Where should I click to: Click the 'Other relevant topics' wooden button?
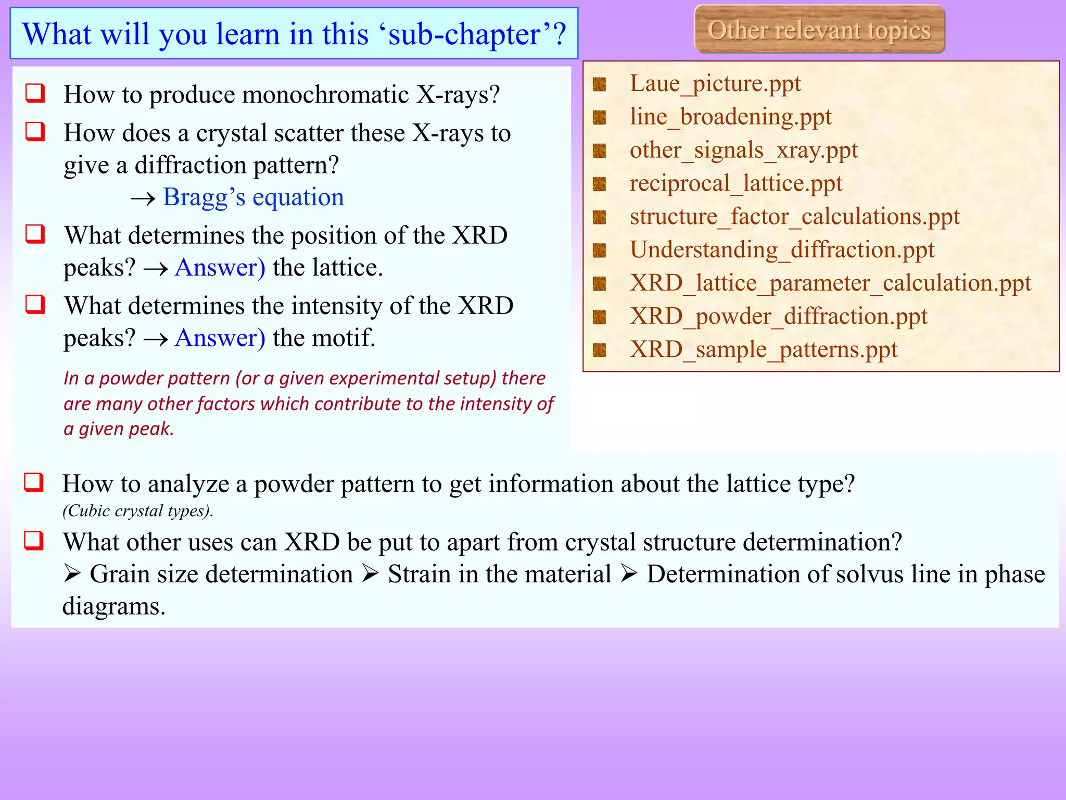(x=819, y=30)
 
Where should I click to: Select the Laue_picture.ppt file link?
(x=715, y=83)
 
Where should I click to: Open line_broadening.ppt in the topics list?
(x=730, y=117)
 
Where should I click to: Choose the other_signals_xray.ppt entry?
(x=743, y=150)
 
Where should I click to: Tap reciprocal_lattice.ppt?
(x=735, y=183)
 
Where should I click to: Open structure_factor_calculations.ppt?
(x=794, y=217)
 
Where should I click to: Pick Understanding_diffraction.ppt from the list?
(x=782, y=250)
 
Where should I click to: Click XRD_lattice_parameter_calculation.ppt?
(x=830, y=283)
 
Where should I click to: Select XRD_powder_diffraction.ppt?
(x=778, y=317)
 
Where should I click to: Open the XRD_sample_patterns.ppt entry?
(x=764, y=350)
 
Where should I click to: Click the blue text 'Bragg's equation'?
(x=253, y=197)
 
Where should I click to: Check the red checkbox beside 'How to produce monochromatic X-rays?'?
(x=35, y=93)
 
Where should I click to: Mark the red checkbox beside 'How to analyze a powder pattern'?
(x=34, y=482)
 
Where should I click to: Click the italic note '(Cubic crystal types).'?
(x=138, y=511)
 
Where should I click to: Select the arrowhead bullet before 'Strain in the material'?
(x=370, y=574)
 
